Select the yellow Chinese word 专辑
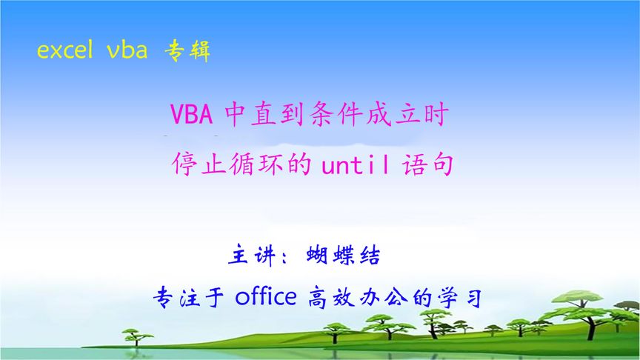pyautogui.click(x=187, y=50)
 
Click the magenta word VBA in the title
pyautogui.click(x=192, y=116)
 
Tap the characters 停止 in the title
pyautogui.click(x=199, y=164)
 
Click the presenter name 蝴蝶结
pyautogui.click(x=343, y=256)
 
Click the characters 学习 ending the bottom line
pyautogui.click(x=464, y=299)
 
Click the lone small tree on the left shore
pyautogui.click(x=139, y=337)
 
